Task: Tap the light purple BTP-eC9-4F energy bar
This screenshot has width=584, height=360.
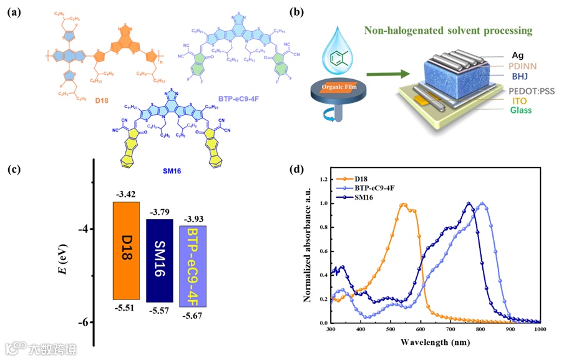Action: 193,266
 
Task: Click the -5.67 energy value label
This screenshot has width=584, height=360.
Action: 194,316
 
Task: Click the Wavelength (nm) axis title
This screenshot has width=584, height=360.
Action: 435,343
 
